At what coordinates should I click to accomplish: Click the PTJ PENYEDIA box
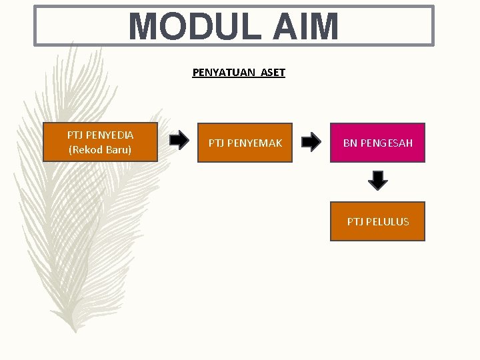tap(100, 142)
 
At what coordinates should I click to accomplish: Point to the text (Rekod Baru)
tap(100, 149)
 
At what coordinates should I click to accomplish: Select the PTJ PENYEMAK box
tap(245, 143)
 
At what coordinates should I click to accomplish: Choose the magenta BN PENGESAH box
tap(377, 143)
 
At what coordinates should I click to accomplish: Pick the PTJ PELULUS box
tap(377, 221)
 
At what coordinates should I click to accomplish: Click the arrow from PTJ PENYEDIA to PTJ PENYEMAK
tap(179, 140)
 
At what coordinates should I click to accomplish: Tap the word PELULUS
tap(387, 221)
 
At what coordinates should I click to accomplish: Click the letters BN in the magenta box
tap(350, 143)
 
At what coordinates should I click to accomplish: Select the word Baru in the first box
tap(118, 149)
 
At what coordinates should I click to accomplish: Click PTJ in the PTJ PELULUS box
tap(355, 221)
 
